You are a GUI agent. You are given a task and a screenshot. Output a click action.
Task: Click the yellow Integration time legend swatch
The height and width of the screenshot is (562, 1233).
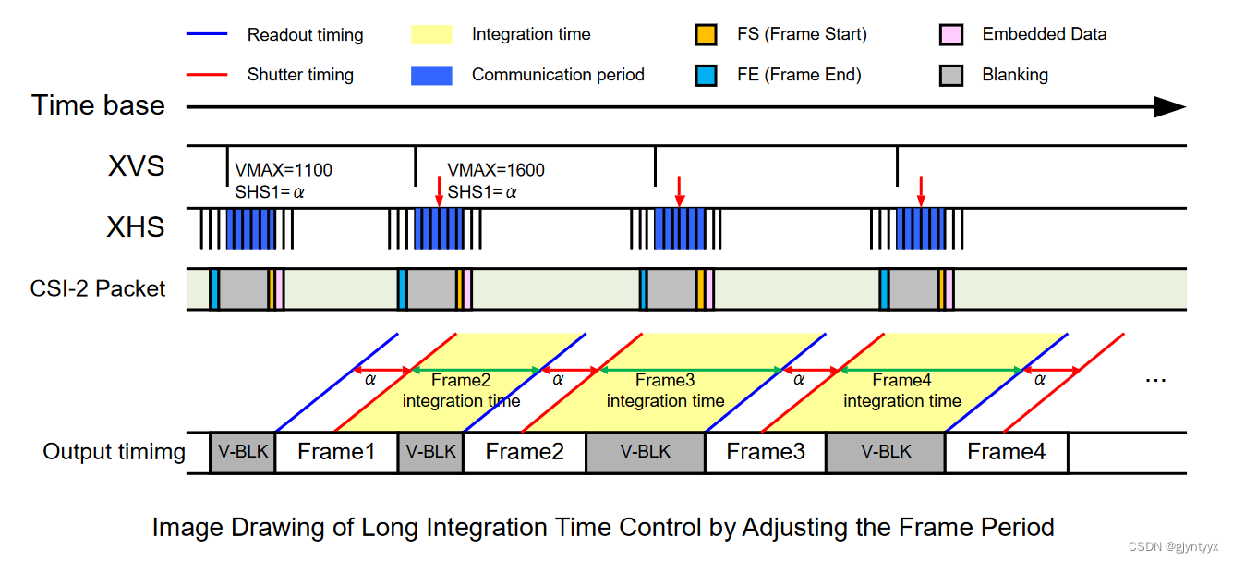[431, 35]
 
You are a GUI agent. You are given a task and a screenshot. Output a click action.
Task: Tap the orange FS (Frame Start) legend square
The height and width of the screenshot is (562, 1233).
[706, 35]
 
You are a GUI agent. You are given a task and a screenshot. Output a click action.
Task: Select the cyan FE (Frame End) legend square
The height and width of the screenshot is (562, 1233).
[706, 75]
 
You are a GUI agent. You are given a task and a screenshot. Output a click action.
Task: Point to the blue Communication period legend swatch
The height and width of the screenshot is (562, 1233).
[431, 75]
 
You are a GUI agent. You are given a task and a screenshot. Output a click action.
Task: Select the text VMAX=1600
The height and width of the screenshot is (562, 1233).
[496, 171]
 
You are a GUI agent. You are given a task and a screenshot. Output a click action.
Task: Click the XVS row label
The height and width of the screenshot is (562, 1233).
[136, 165]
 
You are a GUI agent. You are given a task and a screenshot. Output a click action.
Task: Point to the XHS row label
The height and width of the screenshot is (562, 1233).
[136, 226]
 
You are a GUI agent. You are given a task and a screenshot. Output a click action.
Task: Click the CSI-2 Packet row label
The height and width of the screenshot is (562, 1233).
[98, 288]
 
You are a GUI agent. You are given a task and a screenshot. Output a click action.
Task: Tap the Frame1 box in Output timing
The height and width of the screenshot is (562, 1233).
[336, 452]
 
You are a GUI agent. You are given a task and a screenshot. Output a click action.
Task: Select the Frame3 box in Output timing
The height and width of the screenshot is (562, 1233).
[766, 452]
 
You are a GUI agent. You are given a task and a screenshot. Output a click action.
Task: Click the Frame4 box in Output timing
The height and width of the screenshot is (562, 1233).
[1007, 452]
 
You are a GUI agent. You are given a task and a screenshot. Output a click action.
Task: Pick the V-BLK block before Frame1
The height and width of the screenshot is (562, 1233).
[242, 452]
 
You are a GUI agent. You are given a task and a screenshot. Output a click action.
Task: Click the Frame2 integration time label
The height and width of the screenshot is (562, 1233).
[461, 390]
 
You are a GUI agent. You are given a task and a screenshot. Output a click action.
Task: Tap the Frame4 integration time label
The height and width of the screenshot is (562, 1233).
[902, 390]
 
